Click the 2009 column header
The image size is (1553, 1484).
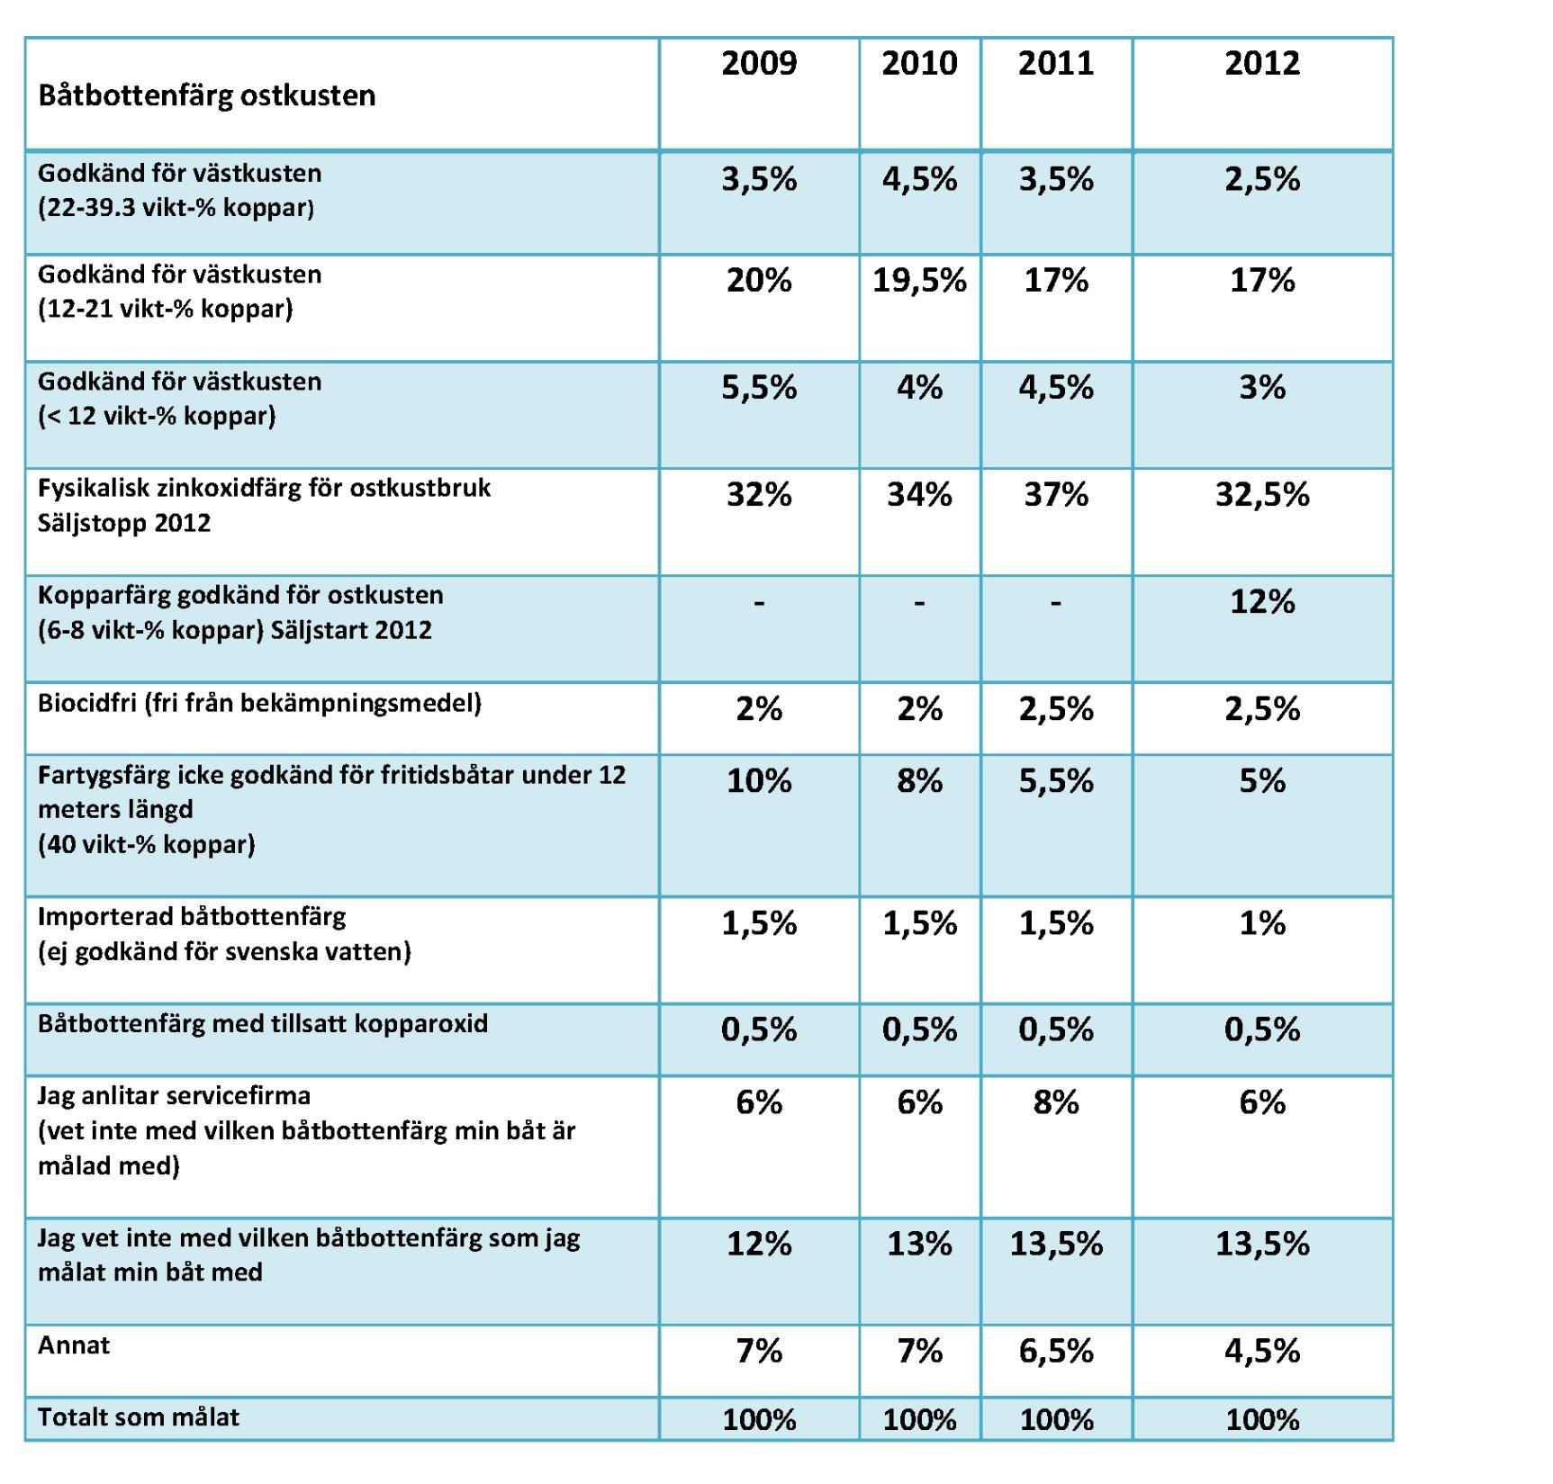[759, 63]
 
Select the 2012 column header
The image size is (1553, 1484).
[1262, 63]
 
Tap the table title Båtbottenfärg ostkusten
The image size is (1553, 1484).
[206, 95]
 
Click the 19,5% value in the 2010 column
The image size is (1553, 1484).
[919, 281]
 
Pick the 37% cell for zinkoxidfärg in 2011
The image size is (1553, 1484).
[1056, 495]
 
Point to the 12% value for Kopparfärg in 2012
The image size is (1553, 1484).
[1262, 602]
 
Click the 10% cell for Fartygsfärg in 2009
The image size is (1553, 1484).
[759, 781]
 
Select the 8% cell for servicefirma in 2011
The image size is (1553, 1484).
[1056, 1102]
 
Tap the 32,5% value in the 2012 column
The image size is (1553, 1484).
[1262, 495]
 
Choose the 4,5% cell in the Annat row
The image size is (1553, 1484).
[1262, 1351]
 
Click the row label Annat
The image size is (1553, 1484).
[74, 1345]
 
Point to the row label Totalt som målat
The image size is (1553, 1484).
[139, 1417]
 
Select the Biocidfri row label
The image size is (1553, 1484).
[259, 703]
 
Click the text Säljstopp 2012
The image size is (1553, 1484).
[124, 523]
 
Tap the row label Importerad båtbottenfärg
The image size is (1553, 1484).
[192, 917]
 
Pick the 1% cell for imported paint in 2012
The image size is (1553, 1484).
[1262, 923]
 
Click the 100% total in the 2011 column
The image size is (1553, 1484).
[1056, 1420]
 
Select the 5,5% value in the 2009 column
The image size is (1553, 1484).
[759, 388]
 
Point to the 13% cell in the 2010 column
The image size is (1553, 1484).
[919, 1244]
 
